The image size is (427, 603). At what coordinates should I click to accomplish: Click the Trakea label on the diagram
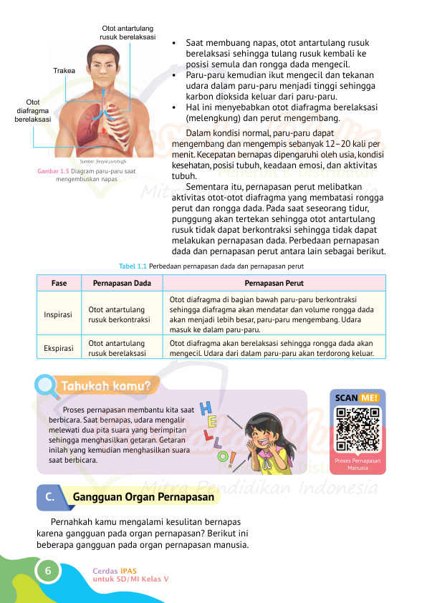click(64, 71)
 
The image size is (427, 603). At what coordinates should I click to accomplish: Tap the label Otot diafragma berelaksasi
click(33, 111)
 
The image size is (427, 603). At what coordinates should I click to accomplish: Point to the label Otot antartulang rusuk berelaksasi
click(128, 33)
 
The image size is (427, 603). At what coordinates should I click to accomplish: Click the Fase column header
click(59, 283)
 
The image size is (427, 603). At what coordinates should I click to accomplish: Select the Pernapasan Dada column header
click(122, 283)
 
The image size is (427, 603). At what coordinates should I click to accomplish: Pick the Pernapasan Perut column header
click(274, 283)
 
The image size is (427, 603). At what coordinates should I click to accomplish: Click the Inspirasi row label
click(59, 314)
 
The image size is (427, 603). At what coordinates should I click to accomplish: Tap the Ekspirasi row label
click(59, 348)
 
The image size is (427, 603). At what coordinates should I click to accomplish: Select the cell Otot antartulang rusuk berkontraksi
click(118, 314)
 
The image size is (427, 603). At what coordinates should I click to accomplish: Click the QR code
click(358, 428)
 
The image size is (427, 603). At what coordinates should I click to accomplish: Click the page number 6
click(47, 571)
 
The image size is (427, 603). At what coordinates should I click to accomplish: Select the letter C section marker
click(47, 496)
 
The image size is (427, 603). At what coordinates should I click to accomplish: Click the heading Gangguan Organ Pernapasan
click(144, 496)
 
